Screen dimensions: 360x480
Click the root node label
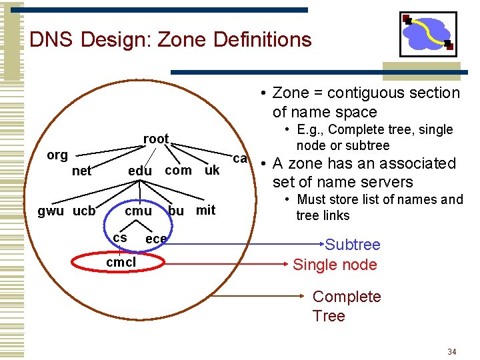tap(156, 139)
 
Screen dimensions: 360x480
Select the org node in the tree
tap(57, 155)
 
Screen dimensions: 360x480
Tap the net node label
tap(81, 171)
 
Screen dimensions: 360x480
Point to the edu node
tap(140, 171)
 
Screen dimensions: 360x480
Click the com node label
tap(178, 170)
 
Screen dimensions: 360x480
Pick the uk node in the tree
tap(212, 170)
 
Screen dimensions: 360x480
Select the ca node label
tap(240, 159)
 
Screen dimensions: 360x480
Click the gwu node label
tap(51, 211)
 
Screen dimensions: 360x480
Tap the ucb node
tap(84, 211)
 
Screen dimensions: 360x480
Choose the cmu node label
tap(139, 211)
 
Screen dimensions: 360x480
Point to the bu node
tap(176, 211)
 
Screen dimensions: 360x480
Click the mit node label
tap(205, 210)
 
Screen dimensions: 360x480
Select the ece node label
tap(156, 239)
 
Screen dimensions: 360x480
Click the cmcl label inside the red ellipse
tap(121, 262)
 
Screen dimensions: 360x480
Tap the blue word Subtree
tap(353, 245)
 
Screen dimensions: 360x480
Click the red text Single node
tap(335, 265)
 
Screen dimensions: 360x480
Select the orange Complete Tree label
tap(347, 306)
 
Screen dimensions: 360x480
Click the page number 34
tap(452, 351)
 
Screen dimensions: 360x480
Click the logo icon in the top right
tap(428, 34)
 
